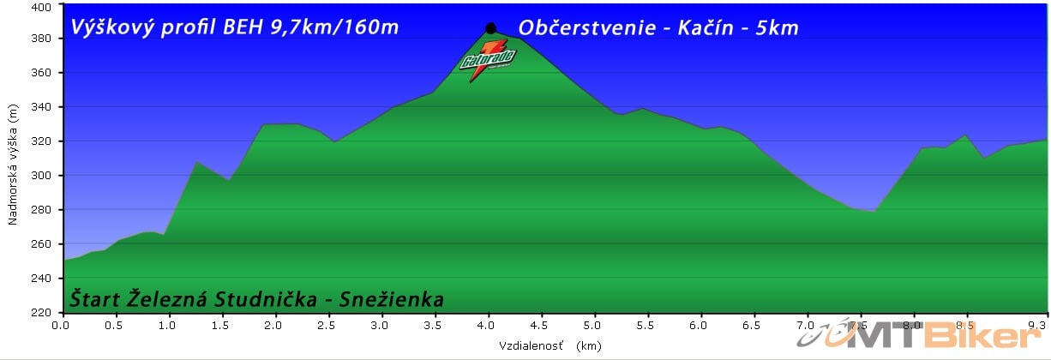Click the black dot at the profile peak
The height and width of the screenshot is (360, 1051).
490,28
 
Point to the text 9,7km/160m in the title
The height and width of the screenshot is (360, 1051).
337,27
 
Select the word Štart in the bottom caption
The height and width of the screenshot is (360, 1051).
93,299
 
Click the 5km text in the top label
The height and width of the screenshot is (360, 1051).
778,27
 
